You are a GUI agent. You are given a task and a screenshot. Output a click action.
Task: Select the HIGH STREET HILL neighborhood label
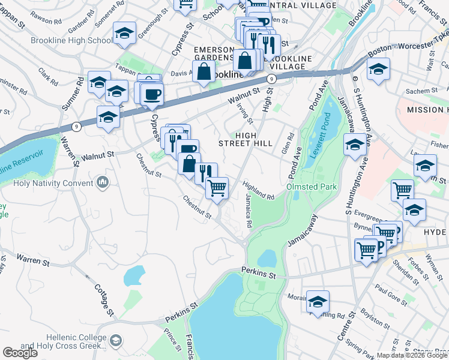click(x=246, y=139)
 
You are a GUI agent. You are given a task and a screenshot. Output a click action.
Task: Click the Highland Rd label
click(x=259, y=190)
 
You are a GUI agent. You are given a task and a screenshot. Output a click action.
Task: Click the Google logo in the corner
click(x=20, y=353)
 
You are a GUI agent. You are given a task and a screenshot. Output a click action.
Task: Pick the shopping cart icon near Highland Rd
click(x=217, y=188)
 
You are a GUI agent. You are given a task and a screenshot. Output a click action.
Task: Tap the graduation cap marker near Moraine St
click(x=318, y=302)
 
